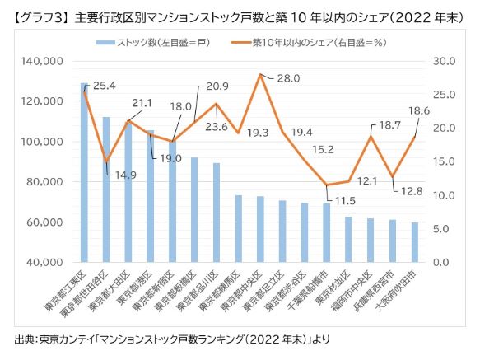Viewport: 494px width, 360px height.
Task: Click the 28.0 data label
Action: [x=288, y=79]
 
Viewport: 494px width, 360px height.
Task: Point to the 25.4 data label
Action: [x=105, y=85]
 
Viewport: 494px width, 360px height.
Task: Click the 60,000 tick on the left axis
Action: [x=49, y=222]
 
